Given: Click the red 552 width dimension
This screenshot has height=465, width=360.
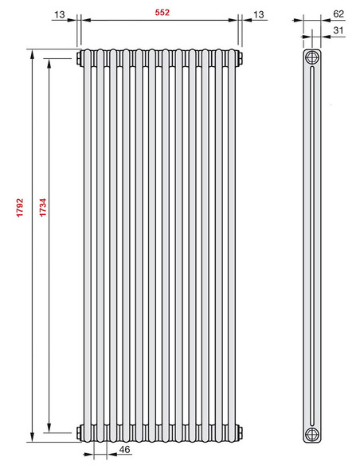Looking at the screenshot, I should click(x=161, y=13).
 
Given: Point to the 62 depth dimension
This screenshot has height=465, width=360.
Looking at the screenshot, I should click(x=338, y=13).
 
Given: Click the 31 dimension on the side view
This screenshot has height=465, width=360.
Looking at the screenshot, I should click(x=338, y=31).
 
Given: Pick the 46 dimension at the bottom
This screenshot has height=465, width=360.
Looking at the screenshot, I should click(x=123, y=451).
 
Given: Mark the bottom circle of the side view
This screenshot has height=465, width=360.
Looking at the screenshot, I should click(x=311, y=432).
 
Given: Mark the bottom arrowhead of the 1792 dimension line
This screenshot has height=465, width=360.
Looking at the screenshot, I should click(x=32, y=437).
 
